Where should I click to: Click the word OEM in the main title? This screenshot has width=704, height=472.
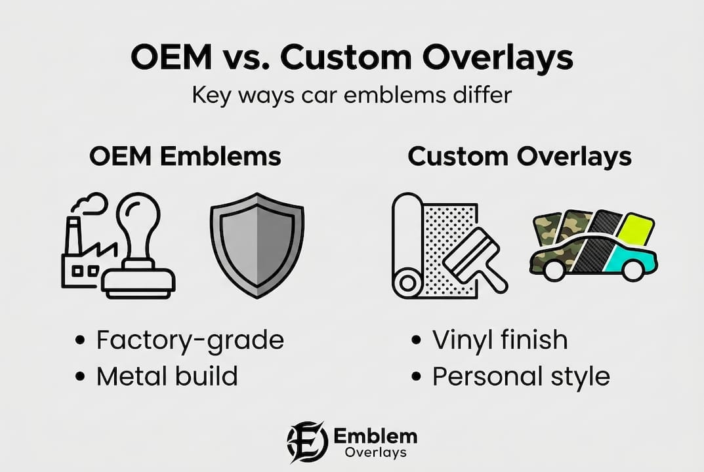[171, 57]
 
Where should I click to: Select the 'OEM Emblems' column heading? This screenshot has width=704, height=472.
[185, 157]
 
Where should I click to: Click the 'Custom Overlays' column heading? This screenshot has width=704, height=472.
[520, 157]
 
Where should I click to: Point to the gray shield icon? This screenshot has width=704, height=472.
[257, 245]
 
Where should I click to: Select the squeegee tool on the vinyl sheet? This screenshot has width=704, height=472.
[475, 260]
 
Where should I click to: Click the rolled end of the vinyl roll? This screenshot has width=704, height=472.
[407, 283]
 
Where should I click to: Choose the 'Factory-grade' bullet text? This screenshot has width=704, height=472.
[190, 340]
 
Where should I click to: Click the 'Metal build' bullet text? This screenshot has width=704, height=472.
[167, 376]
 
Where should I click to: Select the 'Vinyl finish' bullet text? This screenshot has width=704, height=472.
[500, 340]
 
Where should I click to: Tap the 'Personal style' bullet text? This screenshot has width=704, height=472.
[521, 376]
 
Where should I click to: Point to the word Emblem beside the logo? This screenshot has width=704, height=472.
[375, 436]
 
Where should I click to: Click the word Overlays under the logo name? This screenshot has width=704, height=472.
[376, 452]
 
